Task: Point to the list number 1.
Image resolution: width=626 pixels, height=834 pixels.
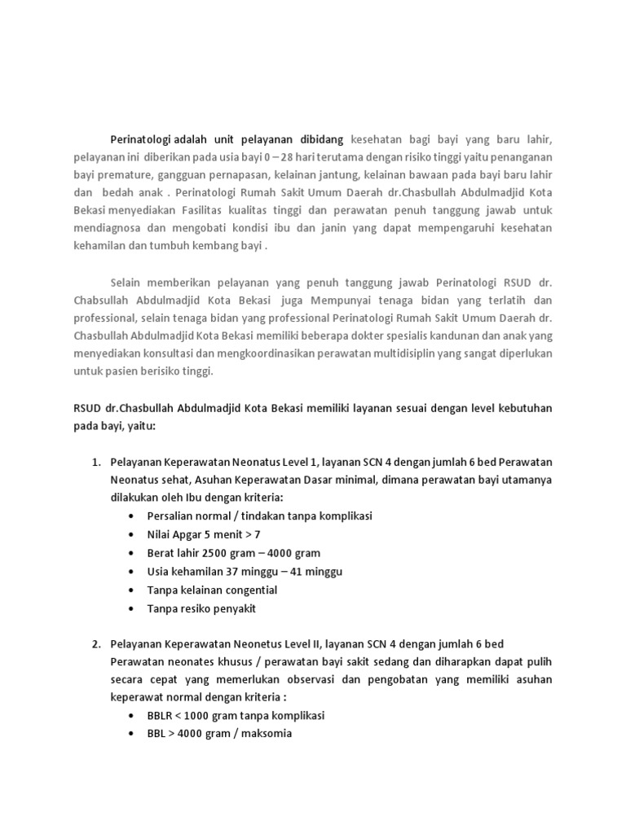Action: [95, 463]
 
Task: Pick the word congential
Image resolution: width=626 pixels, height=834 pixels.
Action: [245, 590]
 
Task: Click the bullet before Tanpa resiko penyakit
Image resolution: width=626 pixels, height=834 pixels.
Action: [133, 608]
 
